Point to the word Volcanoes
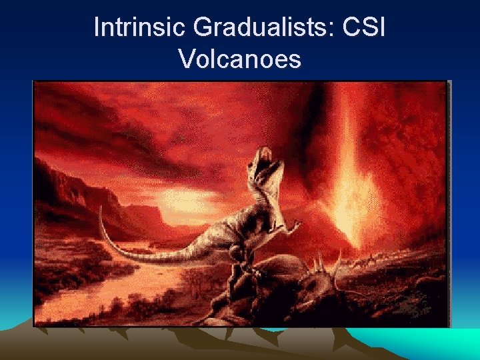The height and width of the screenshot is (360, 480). pyautogui.click(x=240, y=59)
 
